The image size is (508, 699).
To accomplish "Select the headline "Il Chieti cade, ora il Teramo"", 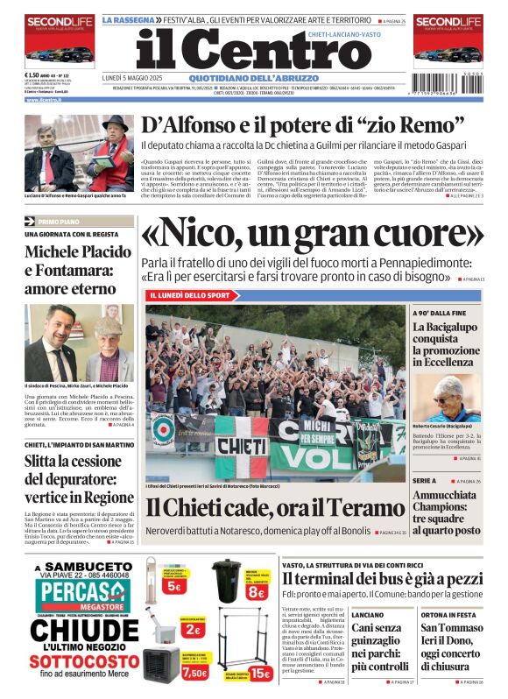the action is click(x=263, y=508).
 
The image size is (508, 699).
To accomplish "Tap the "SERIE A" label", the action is click(x=425, y=481).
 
